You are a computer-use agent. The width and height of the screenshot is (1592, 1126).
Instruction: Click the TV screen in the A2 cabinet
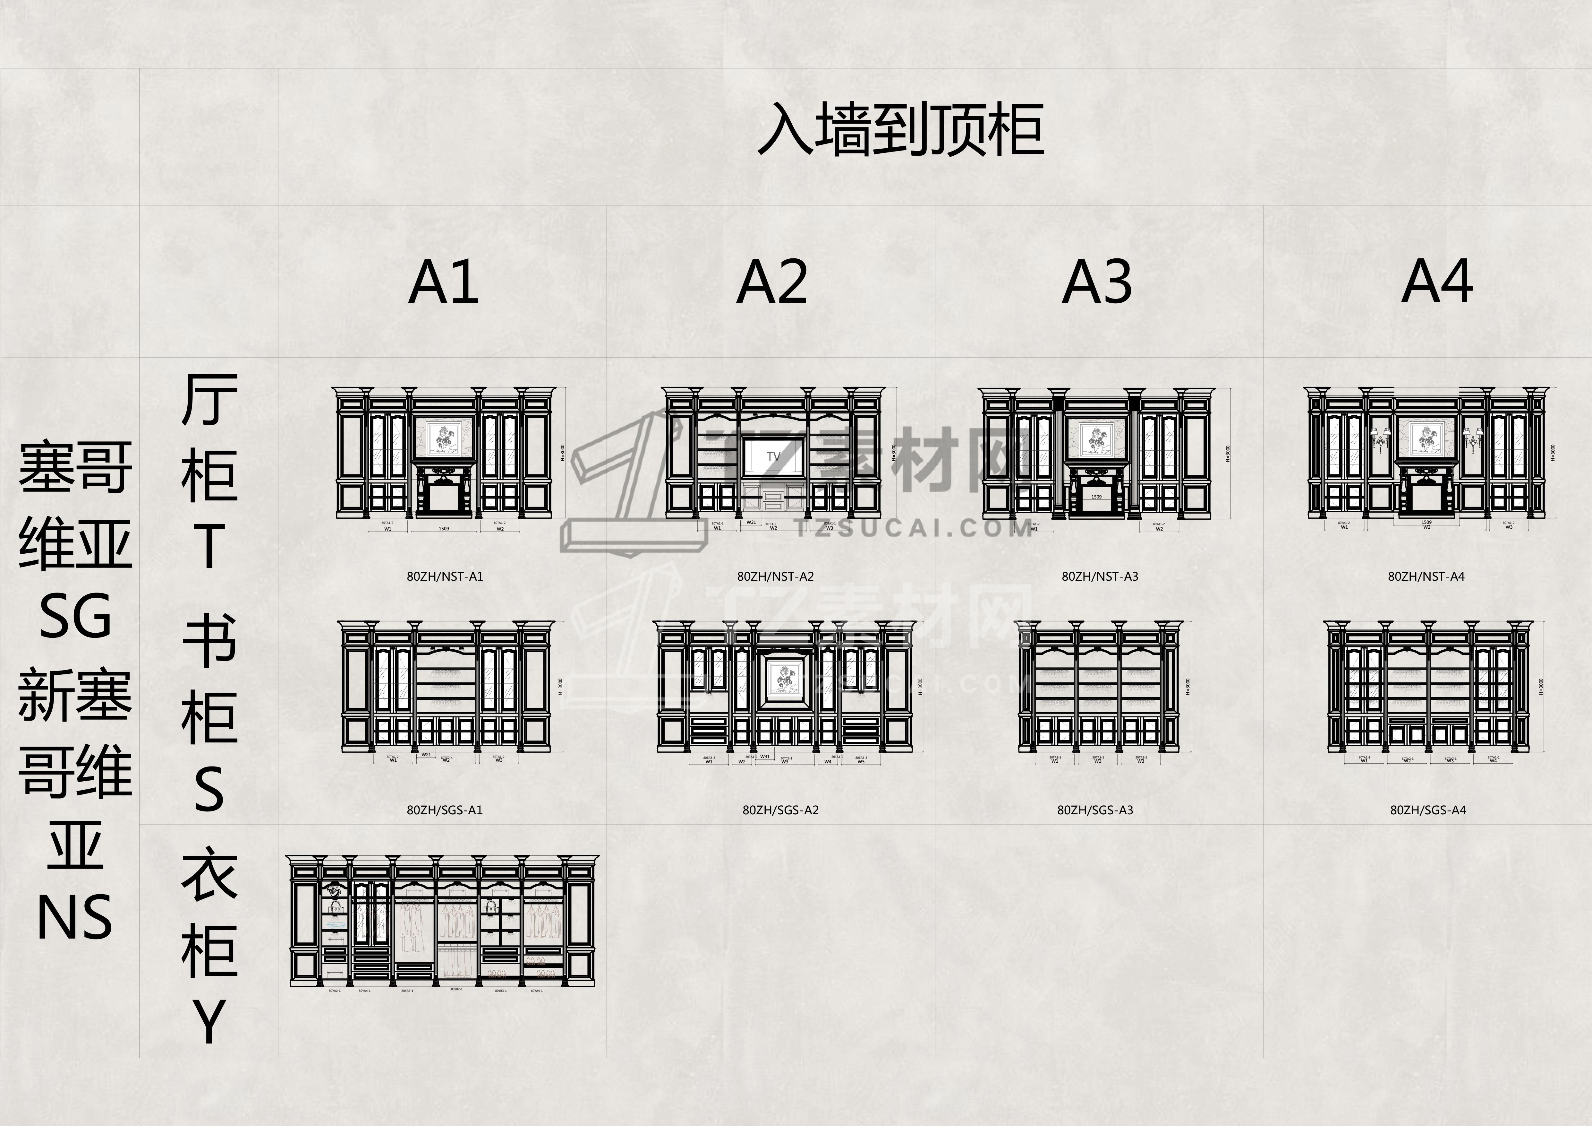point(774,456)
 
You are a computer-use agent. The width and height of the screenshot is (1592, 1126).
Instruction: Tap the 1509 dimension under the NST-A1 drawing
point(444,529)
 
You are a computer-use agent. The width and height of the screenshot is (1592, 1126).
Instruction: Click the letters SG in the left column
point(75,616)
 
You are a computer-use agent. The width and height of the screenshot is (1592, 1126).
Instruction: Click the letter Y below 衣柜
point(209,1020)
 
